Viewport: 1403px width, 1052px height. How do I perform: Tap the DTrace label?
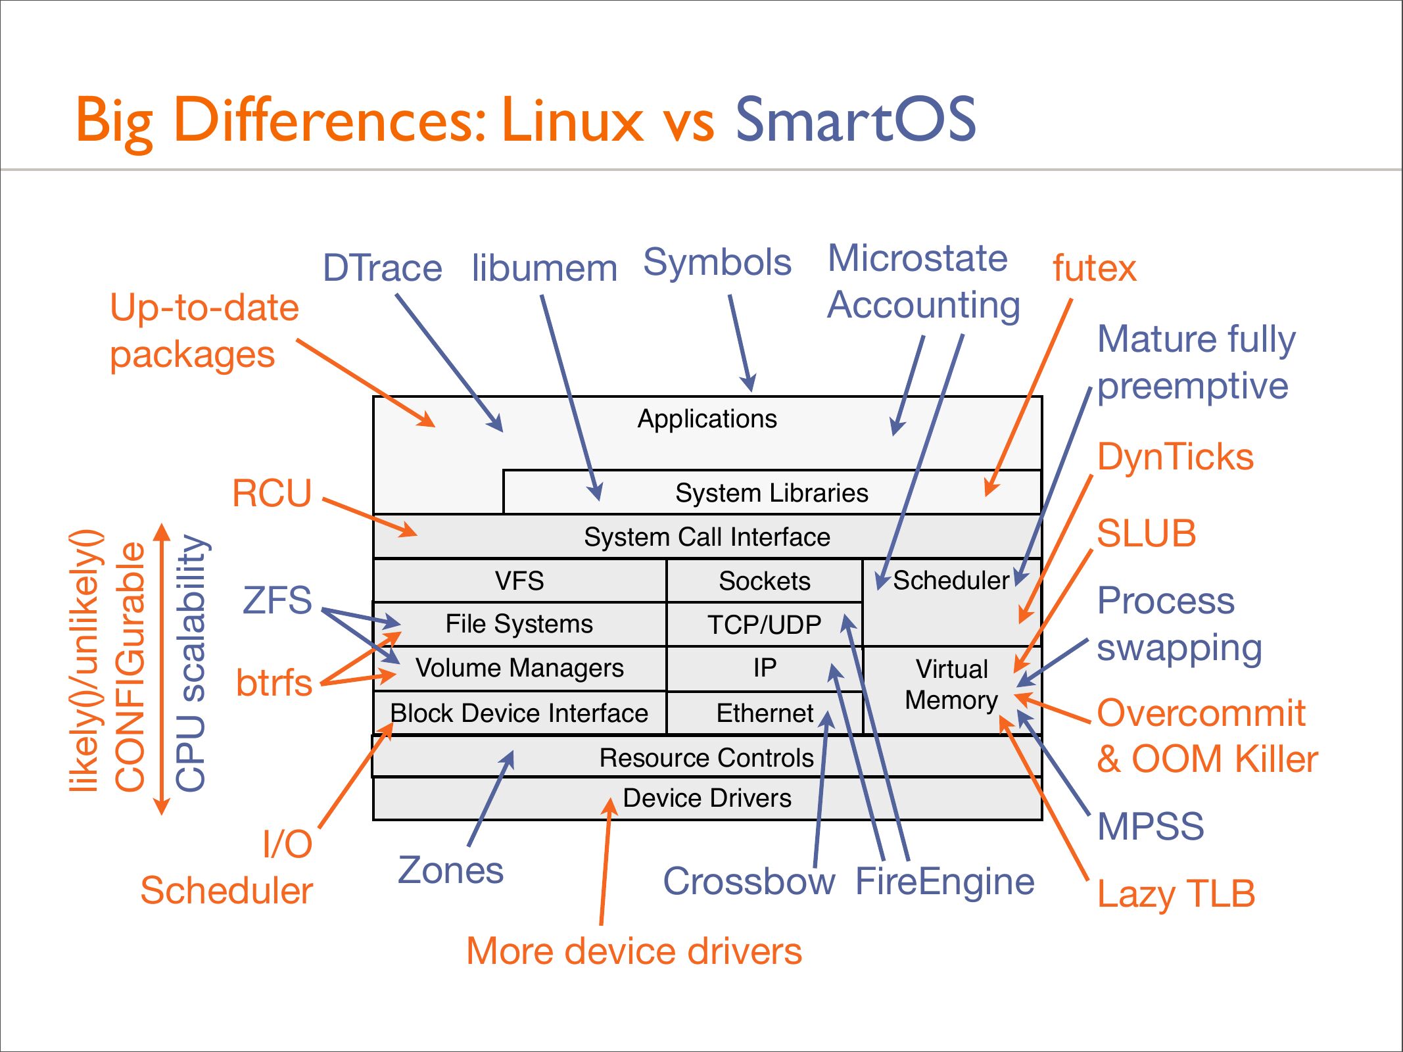pyautogui.click(x=382, y=268)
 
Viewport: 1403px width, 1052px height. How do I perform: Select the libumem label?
pyautogui.click(x=544, y=268)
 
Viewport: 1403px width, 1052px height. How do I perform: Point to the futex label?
pyautogui.click(x=1094, y=268)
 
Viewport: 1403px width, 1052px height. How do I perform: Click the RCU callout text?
pyautogui.click(x=272, y=493)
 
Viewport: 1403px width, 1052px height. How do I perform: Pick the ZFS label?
pyautogui.click(x=277, y=600)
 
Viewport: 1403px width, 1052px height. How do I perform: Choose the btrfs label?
pyautogui.click(x=273, y=682)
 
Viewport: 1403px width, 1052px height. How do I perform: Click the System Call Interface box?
pyautogui.click(x=707, y=537)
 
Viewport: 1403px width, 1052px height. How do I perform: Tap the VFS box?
pyautogui.click(x=519, y=581)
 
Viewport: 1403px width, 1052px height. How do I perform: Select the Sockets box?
pyautogui.click(x=765, y=581)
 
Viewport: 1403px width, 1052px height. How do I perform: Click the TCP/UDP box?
pyautogui.click(x=765, y=625)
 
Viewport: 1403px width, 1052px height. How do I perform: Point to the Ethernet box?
pyautogui.click(x=765, y=713)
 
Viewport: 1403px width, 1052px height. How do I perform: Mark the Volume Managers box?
pyautogui.click(x=519, y=668)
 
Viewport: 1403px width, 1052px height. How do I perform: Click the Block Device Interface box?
pyautogui.click(x=519, y=713)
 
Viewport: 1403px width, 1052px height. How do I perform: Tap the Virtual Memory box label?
pyautogui.click(x=952, y=684)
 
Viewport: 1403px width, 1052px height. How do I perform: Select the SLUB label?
pyautogui.click(x=1146, y=533)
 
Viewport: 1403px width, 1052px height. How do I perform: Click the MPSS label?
pyautogui.click(x=1151, y=826)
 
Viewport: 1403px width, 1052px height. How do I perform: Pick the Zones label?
pyautogui.click(x=451, y=871)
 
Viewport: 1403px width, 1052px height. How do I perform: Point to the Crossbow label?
pyautogui.click(x=749, y=881)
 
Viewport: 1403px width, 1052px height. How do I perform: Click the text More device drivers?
pyautogui.click(x=634, y=951)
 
